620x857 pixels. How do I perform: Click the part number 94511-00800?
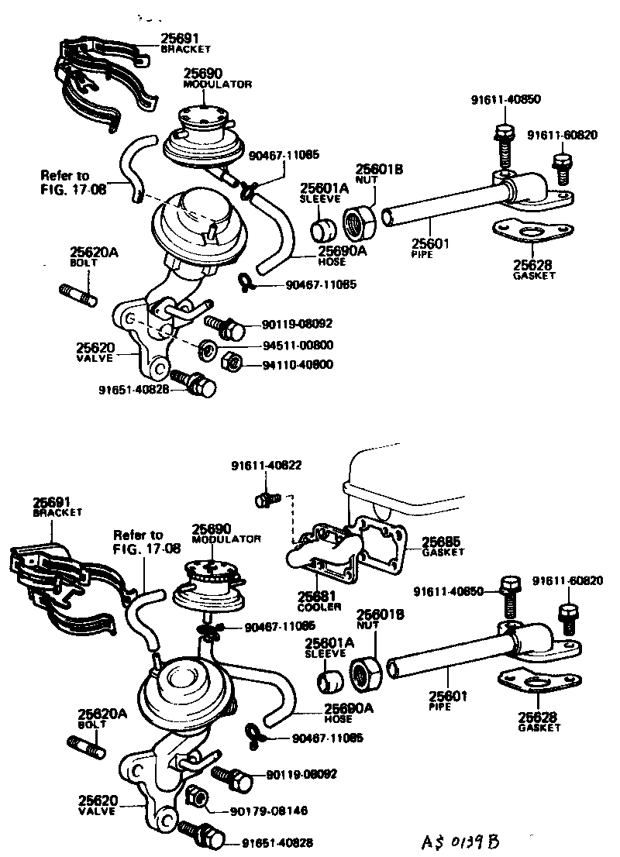pyautogui.click(x=289, y=346)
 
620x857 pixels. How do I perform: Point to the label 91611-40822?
pyautogui.click(x=266, y=466)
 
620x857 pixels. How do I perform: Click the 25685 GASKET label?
pyautogui.click(x=443, y=546)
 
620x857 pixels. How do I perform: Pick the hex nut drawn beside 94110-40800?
pyautogui.click(x=229, y=363)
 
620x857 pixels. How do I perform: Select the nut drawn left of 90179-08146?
pyautogui.click(x=196, y=797)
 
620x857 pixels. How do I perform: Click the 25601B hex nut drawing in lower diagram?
pyautogui.click(x=363, y=674)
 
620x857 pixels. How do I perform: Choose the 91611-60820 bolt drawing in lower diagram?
pyautogui.click(x=567, y=616)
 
